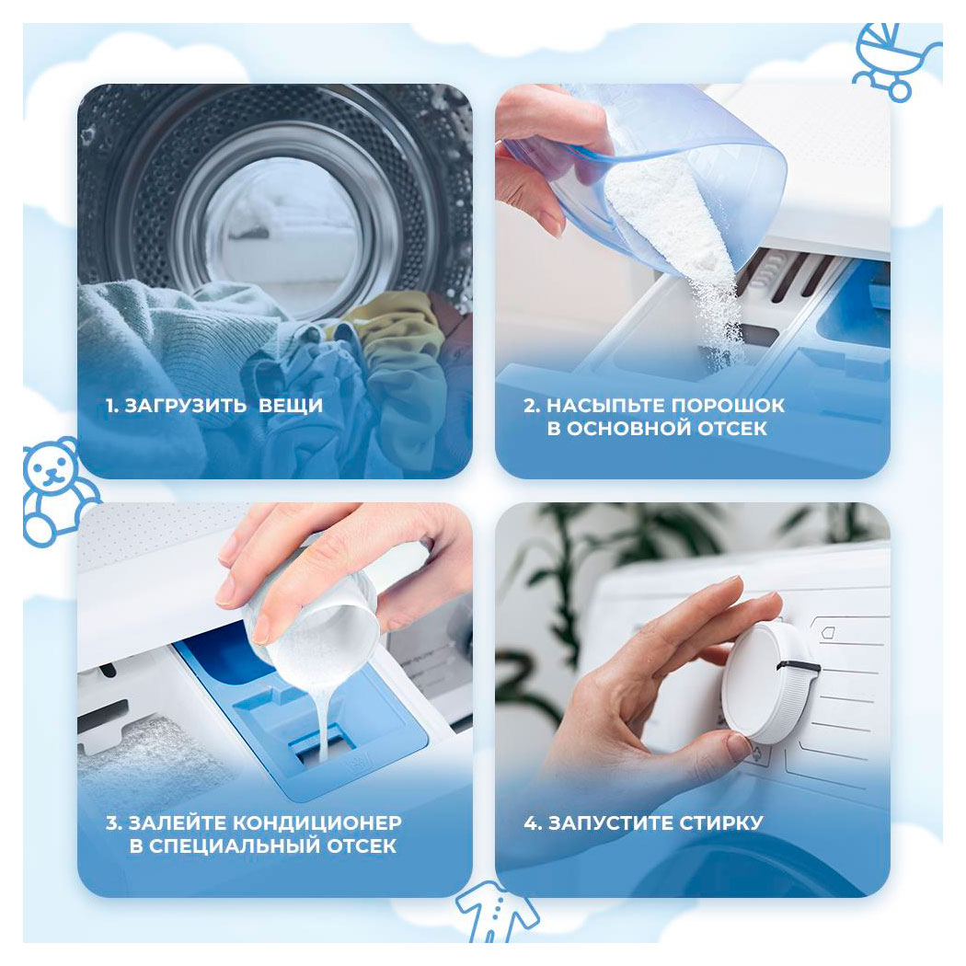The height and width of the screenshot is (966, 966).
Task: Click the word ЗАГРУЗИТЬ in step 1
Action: [x=186, y=406]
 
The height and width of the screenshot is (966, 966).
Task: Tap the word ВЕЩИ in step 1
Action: [x=291, y=406]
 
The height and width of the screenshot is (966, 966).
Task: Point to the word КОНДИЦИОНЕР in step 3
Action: [x=318, y=822]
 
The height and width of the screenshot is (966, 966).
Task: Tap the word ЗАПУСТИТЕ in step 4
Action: [x=610, y=822]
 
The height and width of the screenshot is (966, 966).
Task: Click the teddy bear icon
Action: [x=59, y=491]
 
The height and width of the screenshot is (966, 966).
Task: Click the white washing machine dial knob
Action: [x=770, y=682]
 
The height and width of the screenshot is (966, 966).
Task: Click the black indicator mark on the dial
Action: [x=799, y=667]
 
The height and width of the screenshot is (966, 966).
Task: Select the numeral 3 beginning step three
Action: [x=111, y=822]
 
